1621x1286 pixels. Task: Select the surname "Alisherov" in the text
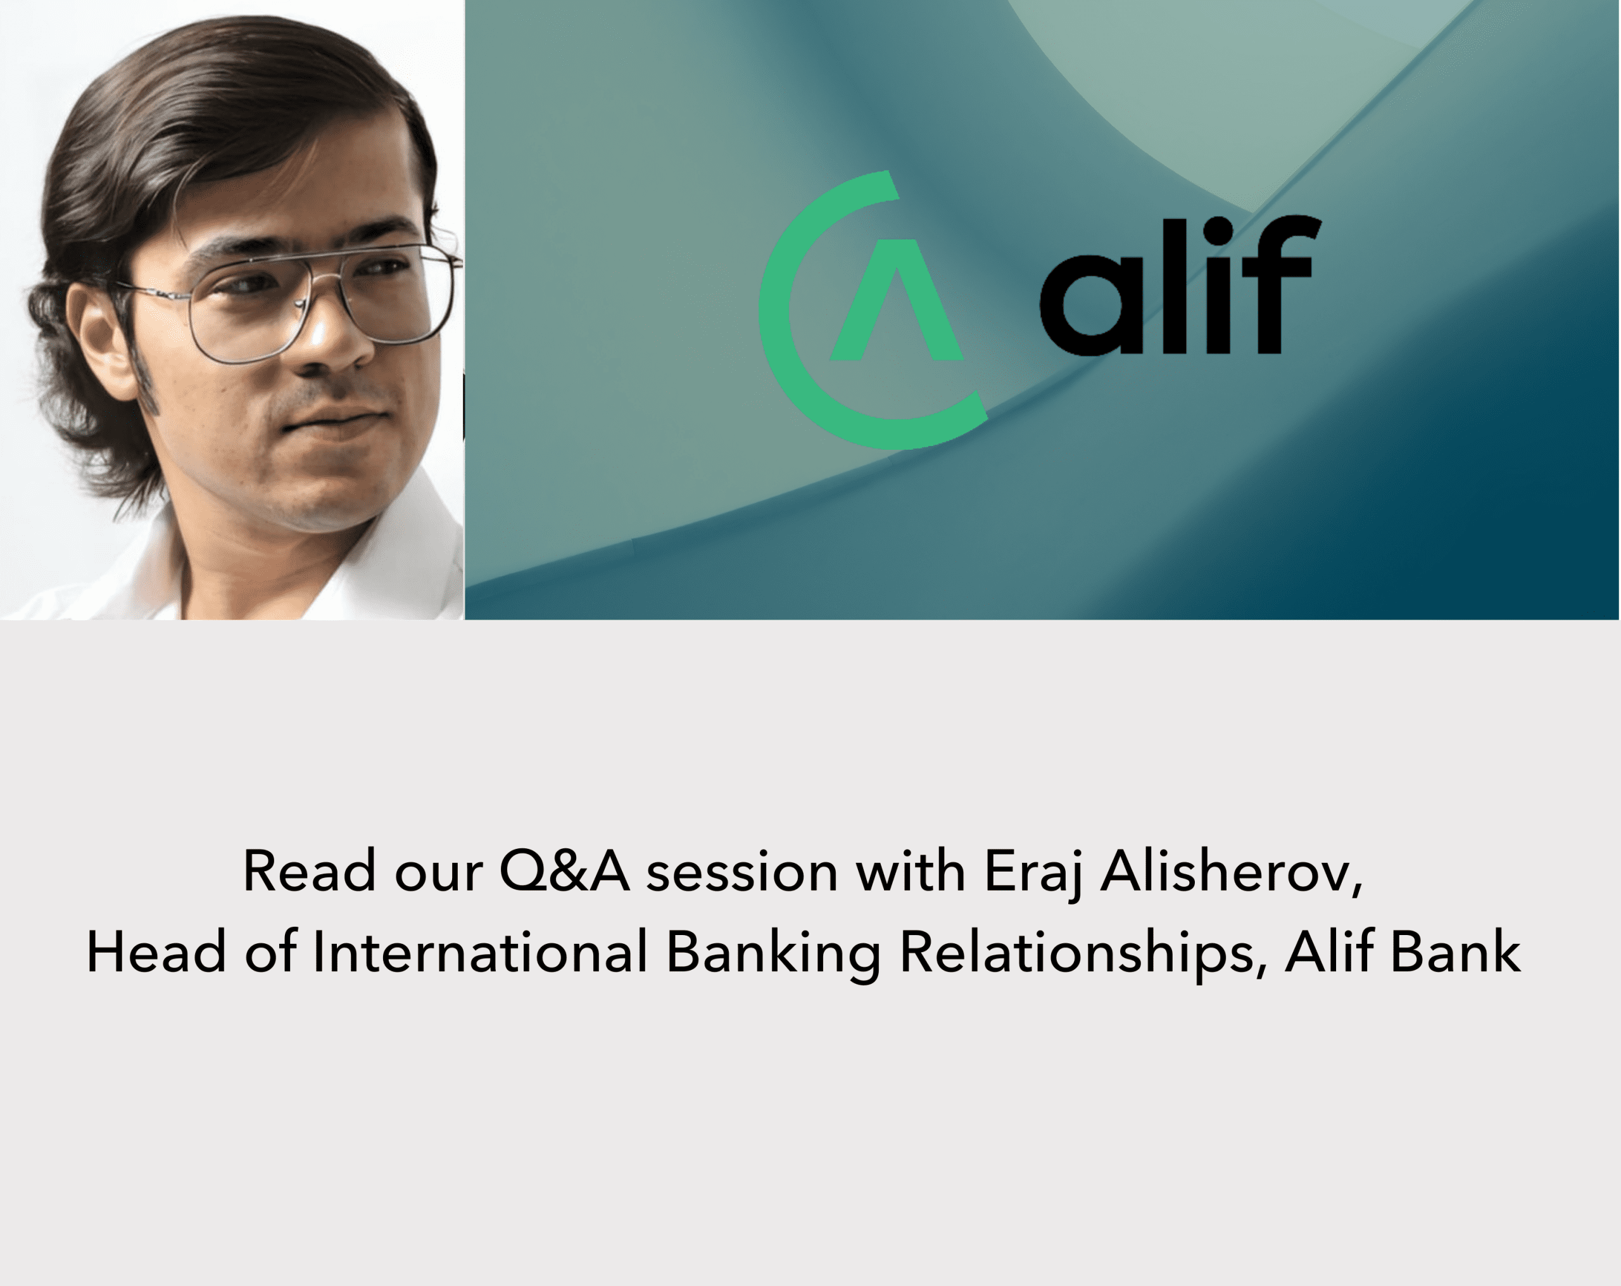1232,872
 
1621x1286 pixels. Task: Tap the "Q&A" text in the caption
565,872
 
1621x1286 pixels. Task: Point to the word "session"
742,873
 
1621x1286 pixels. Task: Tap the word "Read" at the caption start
309,872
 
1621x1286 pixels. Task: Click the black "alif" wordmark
1180,285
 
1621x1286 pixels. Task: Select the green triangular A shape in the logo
896,300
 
